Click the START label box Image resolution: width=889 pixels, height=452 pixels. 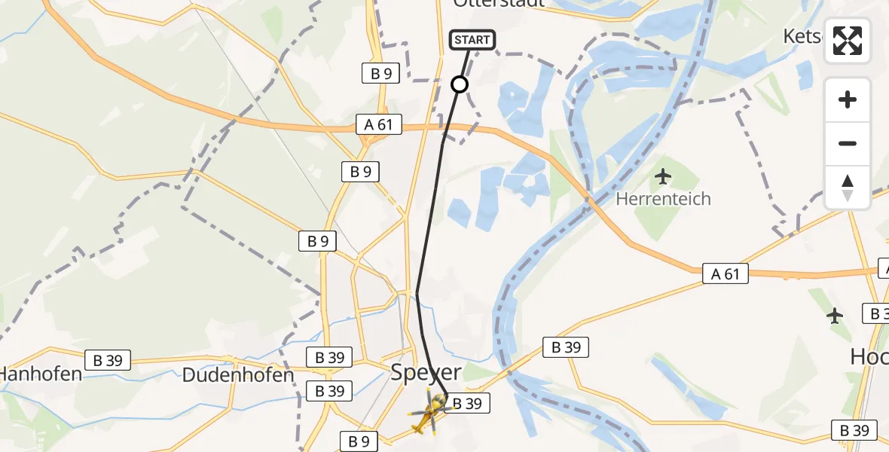(472, 40)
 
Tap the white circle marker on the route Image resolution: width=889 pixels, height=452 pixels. (460, 84)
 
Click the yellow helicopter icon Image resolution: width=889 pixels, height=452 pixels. (430, 411)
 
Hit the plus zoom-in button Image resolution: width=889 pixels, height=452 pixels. (848, 99)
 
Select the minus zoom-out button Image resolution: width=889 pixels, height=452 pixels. (848, 143)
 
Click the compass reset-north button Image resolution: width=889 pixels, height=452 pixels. (848, 187)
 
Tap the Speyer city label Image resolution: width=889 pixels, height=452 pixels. (426, 372)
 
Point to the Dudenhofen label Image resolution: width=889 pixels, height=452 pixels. (238, 374)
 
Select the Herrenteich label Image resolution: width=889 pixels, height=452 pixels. (663, 200)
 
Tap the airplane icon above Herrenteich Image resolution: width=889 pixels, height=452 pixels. (663, 177)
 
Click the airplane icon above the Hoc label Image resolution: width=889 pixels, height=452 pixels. (835, 316)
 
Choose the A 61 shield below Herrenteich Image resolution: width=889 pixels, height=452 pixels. (726, 274)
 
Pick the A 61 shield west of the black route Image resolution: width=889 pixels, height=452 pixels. (380, 124)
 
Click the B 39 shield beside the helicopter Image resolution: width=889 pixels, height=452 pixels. (467, 404)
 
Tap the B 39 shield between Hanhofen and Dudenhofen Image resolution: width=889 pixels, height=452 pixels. (108, 360)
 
